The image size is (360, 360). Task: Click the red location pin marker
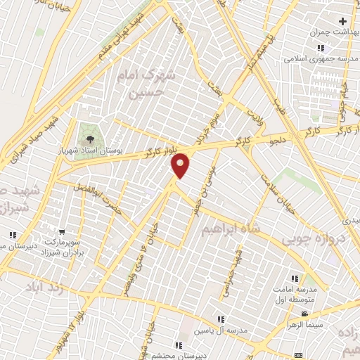click(181, 165)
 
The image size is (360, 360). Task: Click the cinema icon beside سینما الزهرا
click(304, 314)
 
